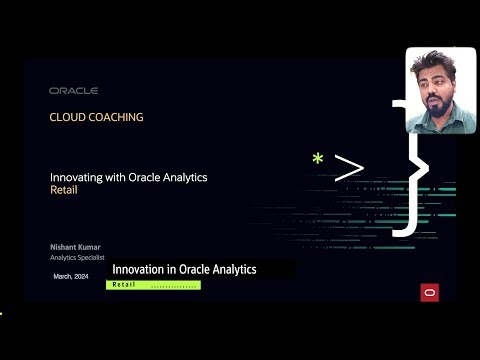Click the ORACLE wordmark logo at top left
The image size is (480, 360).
pyautogui.click(x=73, y=90)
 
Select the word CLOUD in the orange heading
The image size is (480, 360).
pyautogui.click(x=68, y=117)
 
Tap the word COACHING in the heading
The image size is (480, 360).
pyautogui.click(x=116, y=117)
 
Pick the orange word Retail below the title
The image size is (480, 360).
pyautogui.click(x=63, y=189)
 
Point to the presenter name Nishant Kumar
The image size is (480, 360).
pyautogui.click(x=76, y=246)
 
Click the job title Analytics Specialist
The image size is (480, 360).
pyautogui.click(x=78, y=258)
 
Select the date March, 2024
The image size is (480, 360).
pyautogui.click(x=71, y=274)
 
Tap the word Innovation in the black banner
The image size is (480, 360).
pyautogui.click(x=140, y=270)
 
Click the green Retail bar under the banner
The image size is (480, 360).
pyautogui.click(x=153, y=285)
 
